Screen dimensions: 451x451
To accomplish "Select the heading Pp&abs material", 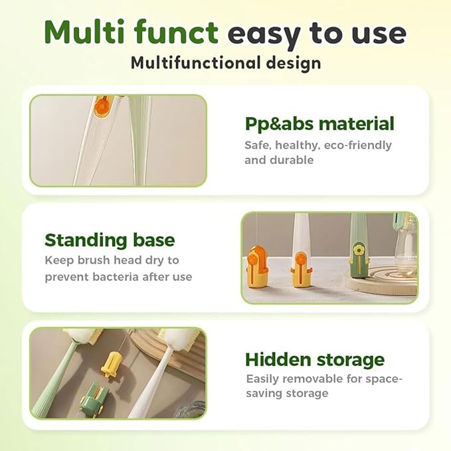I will click(319, 124).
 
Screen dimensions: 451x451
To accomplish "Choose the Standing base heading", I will click(110, 239).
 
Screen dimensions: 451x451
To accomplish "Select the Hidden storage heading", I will click(315, 359).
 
